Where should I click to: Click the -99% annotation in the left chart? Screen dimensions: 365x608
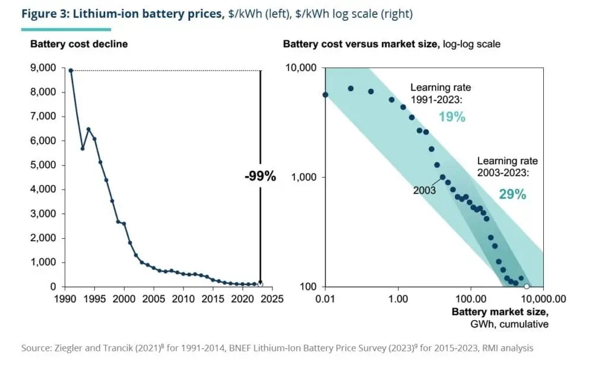[260, 176]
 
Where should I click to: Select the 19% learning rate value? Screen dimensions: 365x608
[452, 117]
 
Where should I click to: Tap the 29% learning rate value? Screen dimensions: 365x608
[512, 194]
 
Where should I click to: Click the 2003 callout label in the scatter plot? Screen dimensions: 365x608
[424, 191]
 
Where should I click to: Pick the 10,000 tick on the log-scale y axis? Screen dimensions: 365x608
[301, 68]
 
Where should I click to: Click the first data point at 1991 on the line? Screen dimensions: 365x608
[71, 71]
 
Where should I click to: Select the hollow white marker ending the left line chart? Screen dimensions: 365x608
[260, 284]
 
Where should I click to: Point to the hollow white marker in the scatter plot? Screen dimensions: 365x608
[526, 286]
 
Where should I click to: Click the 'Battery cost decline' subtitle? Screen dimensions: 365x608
[79, 44]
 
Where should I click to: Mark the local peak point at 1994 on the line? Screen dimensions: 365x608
[88, 129]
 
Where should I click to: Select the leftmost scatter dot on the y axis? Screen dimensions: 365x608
[325, 95]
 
